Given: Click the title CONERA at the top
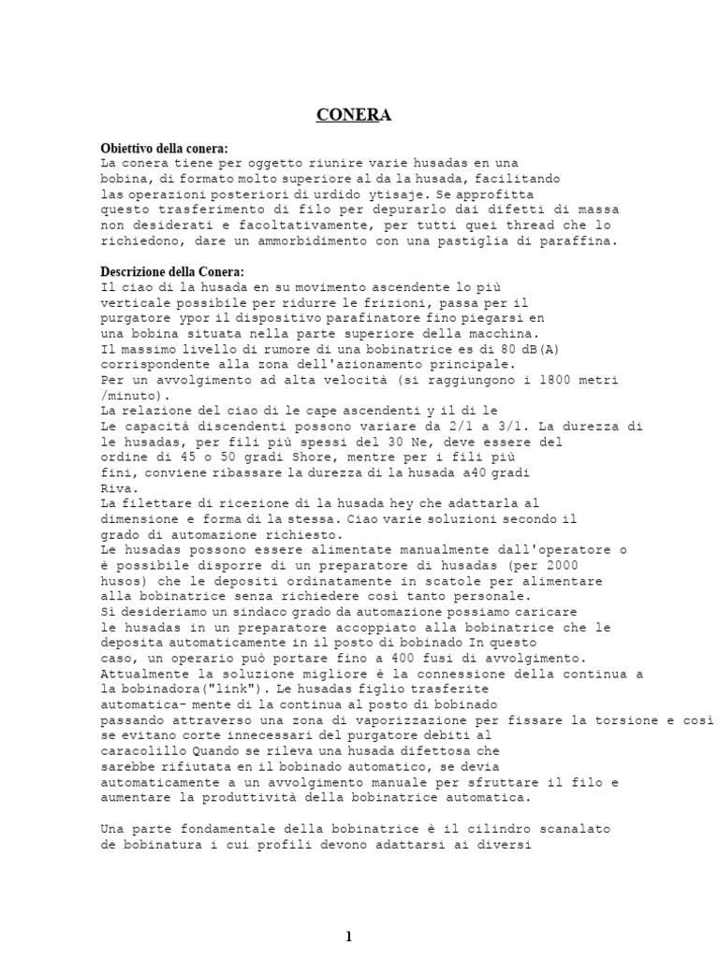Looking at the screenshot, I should click(353, 115).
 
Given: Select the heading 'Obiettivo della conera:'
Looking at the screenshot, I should click(164, 149).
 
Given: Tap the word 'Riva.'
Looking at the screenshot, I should click(119, 487).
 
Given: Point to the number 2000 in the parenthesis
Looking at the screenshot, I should click(562, 565).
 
